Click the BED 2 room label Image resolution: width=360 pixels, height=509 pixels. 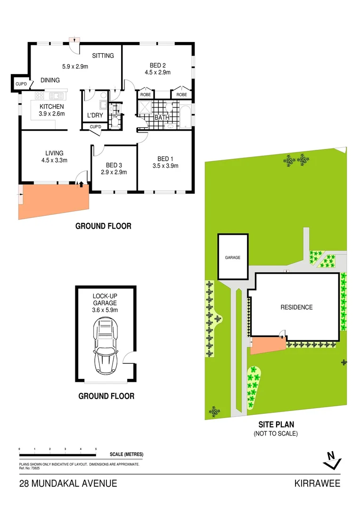click(x=157, y=65)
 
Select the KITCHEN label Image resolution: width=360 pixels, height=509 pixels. click(x=51, y=107)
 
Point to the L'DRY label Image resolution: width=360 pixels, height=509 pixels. click(x=96, y=115)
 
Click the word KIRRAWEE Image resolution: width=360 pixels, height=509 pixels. click(x=317, y=483)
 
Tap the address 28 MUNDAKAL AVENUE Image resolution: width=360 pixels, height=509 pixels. click(x=68, y=483)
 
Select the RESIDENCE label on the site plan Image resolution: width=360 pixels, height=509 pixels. click(x=296, y=307)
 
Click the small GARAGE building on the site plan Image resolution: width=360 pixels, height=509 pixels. click(x=232, y=257)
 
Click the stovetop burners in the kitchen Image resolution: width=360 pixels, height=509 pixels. click(x=39, y=95)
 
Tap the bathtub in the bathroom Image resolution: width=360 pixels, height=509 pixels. click(x=186, y=115)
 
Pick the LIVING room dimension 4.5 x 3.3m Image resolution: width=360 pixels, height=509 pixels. click(x=54, y=160)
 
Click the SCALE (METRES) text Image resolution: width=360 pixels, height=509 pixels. click(x=126, y=454)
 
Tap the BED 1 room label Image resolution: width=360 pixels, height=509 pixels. click(x=165, y=158)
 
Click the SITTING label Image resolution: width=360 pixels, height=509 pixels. click(x=103, y=56)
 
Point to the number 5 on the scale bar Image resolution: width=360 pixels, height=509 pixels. click(x=96, y=449)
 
